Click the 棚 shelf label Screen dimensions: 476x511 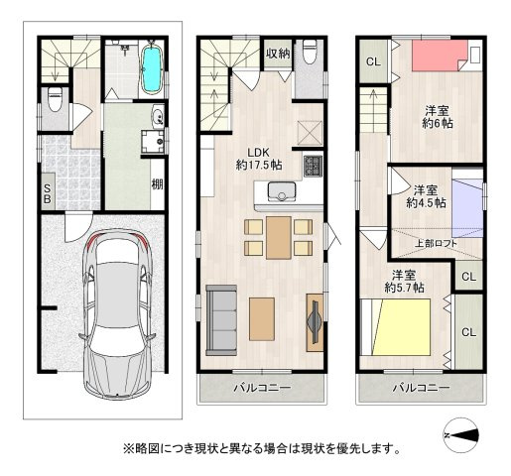point(157,182)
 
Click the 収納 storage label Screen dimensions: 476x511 point(277,54)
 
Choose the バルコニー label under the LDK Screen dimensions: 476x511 point(262,388)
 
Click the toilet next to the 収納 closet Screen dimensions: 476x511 point(309,50)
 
